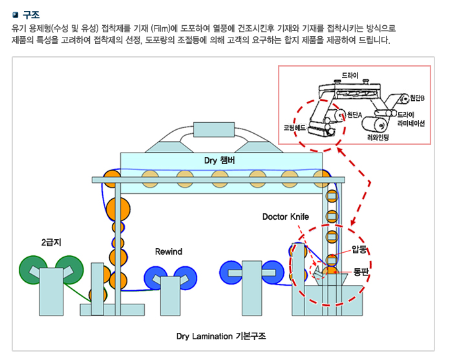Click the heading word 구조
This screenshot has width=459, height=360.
coord(30,14)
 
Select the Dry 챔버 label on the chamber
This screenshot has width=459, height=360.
coord(221,159)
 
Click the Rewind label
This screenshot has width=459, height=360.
coord(169,251)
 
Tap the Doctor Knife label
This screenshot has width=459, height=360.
coord(286,217)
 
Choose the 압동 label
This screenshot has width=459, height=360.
coord(360,249)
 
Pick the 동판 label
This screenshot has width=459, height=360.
coord(361,272)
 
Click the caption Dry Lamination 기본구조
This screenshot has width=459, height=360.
coord(221,336)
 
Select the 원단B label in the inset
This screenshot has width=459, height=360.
coord(416,98)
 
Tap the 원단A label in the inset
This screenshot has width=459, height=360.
coord(354,114)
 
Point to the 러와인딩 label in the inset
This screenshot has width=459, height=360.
coord(377,137)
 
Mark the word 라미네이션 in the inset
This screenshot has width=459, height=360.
coord(411,123)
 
